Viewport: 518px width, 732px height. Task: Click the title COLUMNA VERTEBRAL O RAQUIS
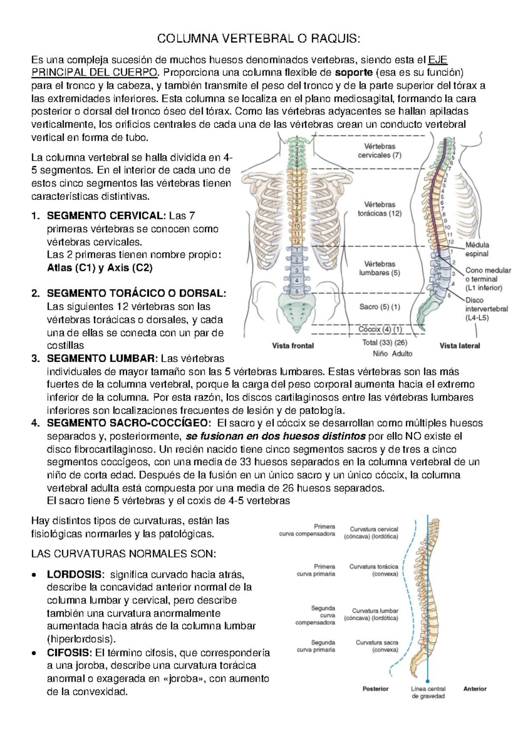258,39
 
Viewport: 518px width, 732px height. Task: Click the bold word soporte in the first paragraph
354,72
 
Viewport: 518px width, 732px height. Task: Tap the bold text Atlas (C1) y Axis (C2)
100,268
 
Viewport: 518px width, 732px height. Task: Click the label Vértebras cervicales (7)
379,151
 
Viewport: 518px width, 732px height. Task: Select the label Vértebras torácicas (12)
379,209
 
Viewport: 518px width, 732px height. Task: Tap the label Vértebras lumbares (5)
379,268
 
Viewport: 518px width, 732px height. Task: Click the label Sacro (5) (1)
379,307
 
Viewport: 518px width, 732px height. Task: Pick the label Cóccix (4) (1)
380,329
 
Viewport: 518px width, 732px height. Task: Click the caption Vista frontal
293,346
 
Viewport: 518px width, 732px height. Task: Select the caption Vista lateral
459,346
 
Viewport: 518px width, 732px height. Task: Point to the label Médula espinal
477,249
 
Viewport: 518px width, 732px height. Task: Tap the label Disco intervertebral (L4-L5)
486,309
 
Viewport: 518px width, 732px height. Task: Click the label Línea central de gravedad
428,692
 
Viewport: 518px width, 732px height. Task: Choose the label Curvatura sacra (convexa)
377,646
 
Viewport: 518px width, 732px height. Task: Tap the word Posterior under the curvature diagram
375,689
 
